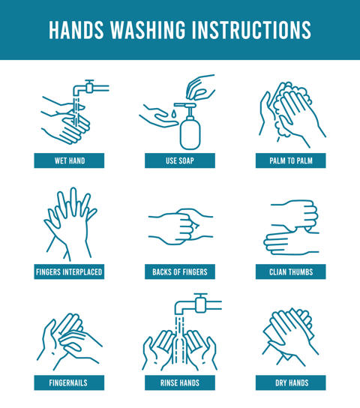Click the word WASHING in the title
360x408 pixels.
point(148,30)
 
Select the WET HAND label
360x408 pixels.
point(69,160)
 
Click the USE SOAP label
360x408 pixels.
point(180,160)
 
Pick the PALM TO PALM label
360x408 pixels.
point(290,160)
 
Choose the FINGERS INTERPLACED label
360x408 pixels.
point(69,271)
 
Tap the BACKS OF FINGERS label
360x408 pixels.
point(180,271)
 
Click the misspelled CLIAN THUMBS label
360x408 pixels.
point(290,271)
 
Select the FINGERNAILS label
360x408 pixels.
point(69,382)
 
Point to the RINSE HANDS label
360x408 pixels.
point(180,382)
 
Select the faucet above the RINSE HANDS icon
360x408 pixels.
point(198,304)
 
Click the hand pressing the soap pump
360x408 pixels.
point(199,87)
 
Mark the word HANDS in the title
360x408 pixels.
point(76,30)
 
